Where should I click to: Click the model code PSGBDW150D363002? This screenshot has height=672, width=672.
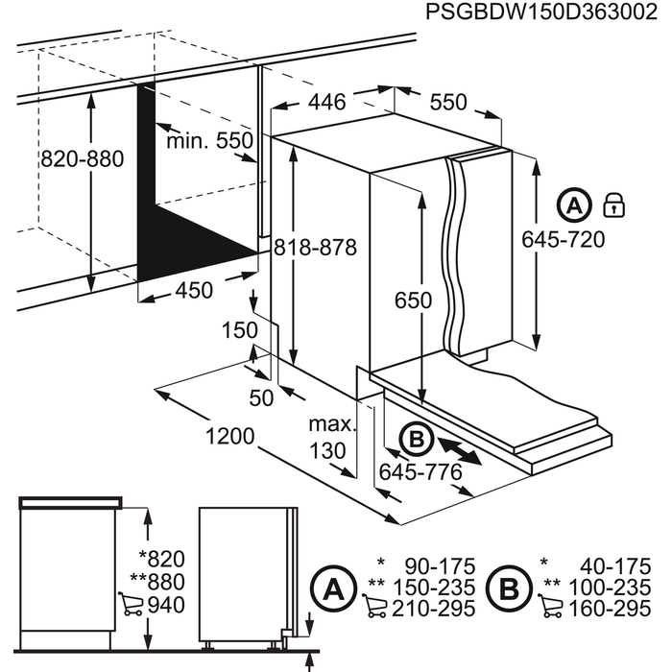[x=540, y=12]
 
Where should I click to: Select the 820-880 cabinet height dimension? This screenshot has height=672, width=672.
[x=83, y=159]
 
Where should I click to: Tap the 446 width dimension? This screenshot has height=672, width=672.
[x=327, y=102]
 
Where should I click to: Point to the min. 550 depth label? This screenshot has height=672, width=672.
[x=209, y=140]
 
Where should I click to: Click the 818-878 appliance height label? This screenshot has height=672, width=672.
[x=316, y=248]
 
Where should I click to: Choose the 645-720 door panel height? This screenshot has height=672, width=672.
[x=564, y=239]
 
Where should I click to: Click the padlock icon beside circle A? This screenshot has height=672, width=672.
[x=613, y=204]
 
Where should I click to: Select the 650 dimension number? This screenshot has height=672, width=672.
[x=413, y=300]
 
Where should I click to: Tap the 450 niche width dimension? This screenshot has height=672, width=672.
[x=194, y=290]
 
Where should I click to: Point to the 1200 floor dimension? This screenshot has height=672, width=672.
[x=230, y=436]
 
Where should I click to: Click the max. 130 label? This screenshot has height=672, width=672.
[x=332, y=437]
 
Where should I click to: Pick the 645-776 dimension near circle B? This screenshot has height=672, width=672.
[x=420, y=472]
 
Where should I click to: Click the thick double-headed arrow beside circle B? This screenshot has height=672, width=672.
[x=460, y=451]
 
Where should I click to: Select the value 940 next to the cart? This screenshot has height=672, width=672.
[x=166, y=605]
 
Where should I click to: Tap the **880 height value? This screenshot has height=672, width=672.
[x=157, y=582]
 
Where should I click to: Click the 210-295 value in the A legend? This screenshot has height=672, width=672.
[x=434, y=609]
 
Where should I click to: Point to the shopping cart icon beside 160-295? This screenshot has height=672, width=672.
[x=550, y=606]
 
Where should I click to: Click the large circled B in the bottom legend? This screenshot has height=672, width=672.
[x=509, y=588]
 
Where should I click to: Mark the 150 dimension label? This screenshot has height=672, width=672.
[x=240, y=330]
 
